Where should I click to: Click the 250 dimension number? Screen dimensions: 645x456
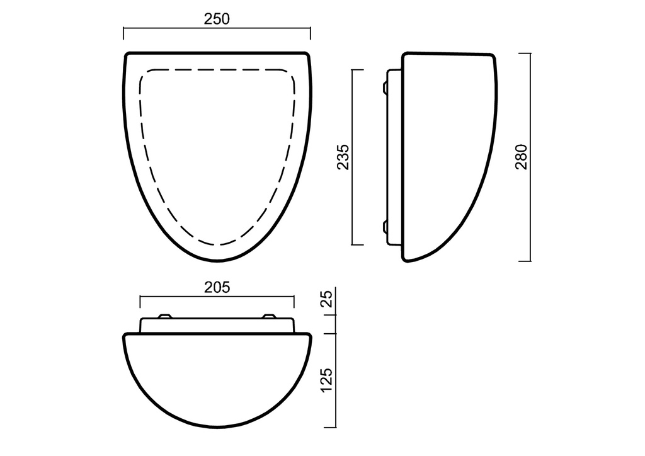[x=217, y=19]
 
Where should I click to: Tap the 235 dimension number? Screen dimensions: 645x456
[x=343, y=157]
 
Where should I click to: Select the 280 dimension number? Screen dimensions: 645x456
[x=521, y=157]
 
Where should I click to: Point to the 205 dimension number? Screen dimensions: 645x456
[x=217, y=287]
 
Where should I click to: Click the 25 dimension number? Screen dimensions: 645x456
[x=326, y=299]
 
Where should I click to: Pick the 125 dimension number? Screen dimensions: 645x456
[x=326, y=380]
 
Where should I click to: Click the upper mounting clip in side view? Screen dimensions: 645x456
[x=385, y=88]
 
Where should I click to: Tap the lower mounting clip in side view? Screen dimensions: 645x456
[x=385, y=227]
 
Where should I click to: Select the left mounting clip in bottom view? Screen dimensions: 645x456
[x=164, y=316]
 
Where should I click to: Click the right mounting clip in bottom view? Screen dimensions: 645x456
[x=270, y=316]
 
